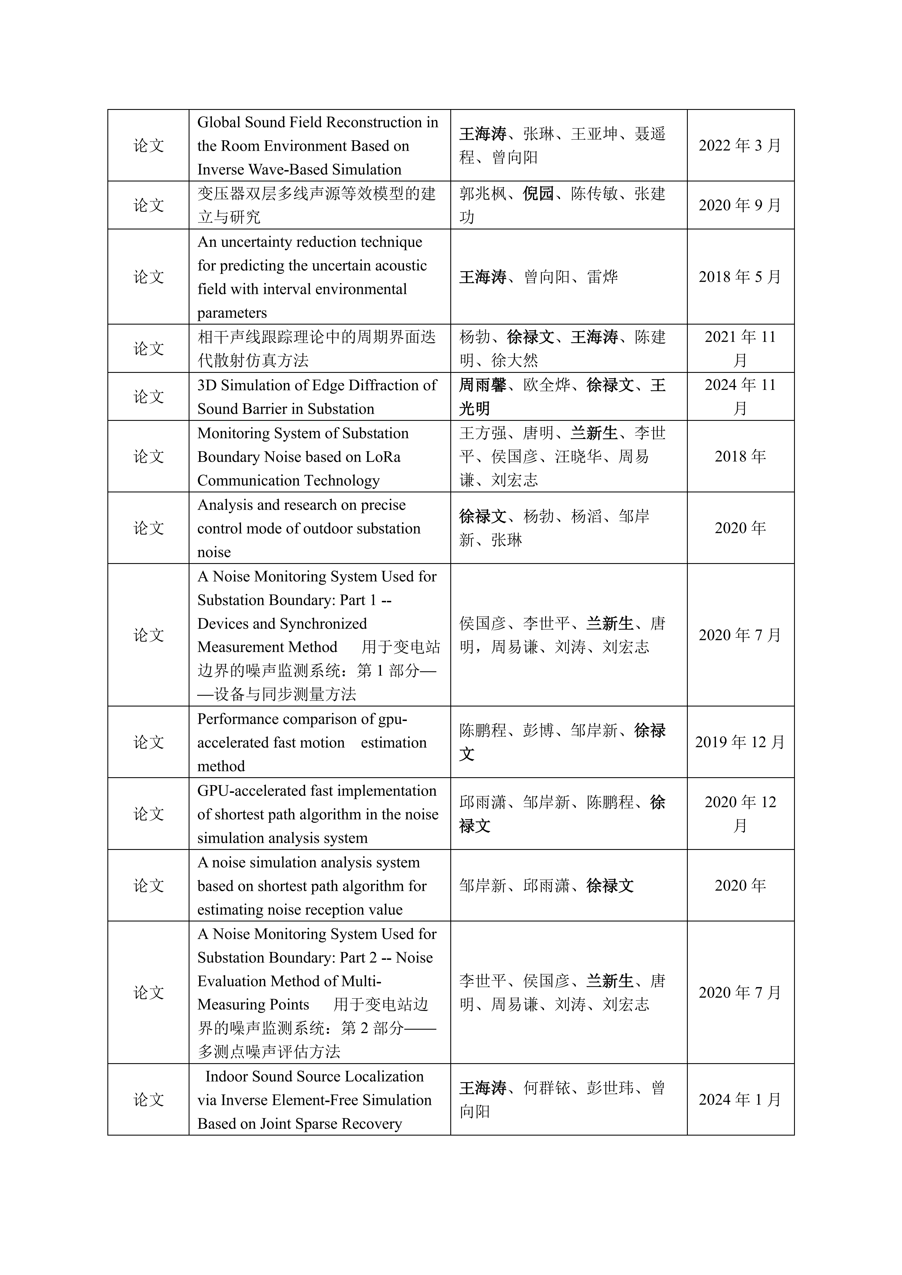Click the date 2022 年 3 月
click(740, 145)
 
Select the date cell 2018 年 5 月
click(740, 277)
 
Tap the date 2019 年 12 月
click(740, 742)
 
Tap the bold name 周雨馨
click(483, 385)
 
